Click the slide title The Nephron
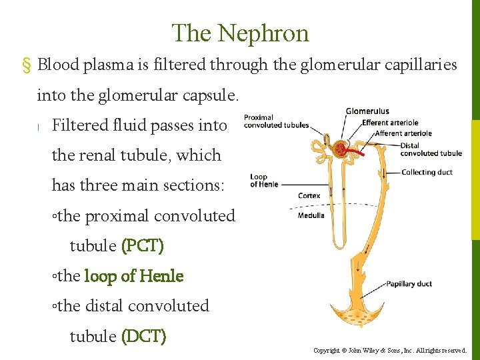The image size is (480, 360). click(240, 33)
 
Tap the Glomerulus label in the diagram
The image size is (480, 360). click(367, 111)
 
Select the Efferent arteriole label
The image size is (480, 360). click(390, 123)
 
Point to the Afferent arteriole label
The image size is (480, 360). click(399, 133)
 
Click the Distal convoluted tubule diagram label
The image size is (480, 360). click(431, 149)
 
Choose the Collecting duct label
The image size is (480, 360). click(427, 172)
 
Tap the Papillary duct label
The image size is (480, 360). click(409, 284)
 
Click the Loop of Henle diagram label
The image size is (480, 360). click(259, 181)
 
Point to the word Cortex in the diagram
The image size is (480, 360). click(309, 196)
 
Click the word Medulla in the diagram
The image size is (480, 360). click(311, 215)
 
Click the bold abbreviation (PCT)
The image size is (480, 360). click(143, 246)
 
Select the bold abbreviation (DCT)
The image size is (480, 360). click(143, 336)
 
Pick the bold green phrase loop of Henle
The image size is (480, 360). click(133, 276)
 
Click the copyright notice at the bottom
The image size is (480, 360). click(390, 350)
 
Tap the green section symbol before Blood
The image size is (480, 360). click(27, 65)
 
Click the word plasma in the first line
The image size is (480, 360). click(104, 65)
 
